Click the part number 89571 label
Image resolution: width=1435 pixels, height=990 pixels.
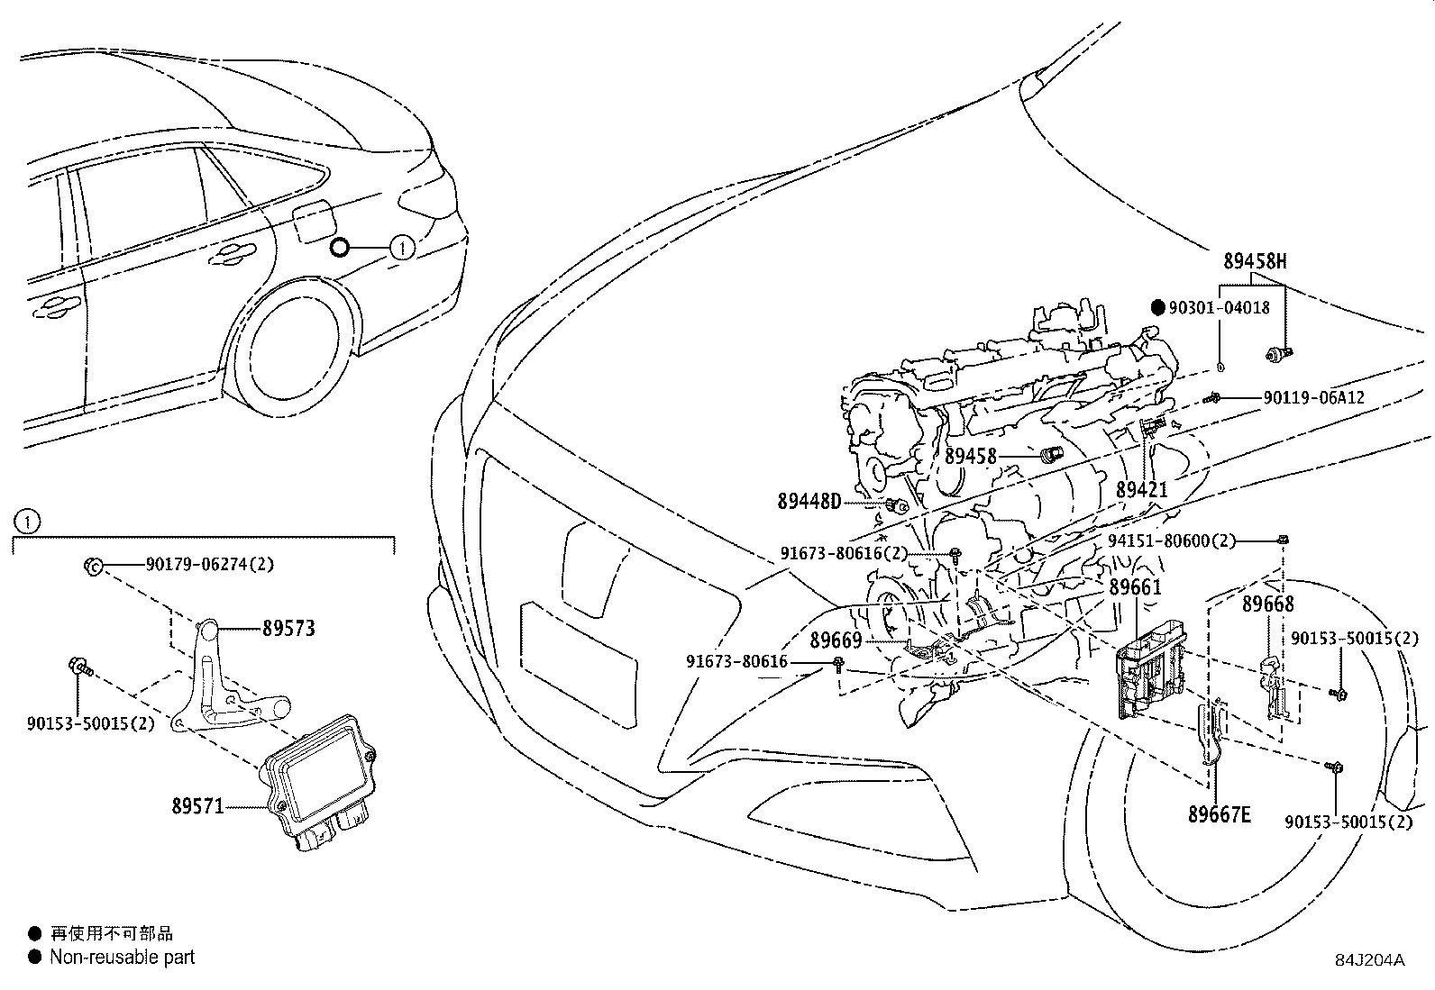pyautogui.click(x=197, y=805)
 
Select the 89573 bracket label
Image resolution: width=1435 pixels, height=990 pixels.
pyautogui.click(x=288, y=629)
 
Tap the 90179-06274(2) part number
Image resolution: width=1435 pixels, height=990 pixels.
pyautogui.click(x=209, y=565)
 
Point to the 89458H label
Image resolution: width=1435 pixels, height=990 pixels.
pyautogui.click(x=1254, y=262)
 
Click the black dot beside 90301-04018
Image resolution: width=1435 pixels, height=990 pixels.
pyautogui.click(x=1159, y=307)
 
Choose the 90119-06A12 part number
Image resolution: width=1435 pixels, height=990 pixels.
pyautogui.click(x=1313, y=397)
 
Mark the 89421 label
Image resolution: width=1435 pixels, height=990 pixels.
pyautogui.click(x=1141, y=490)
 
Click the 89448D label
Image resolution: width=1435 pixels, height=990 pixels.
pyautogui.click(x=809, y=501)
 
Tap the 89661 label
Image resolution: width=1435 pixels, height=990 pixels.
pyautogui.click(x=1135, y=586)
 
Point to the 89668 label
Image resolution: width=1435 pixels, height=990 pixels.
pyautogui.click(x=1267, y=604)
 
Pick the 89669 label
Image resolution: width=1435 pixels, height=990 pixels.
pyautogui.click(x=836, y=640)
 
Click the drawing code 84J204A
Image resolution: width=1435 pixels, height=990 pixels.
pyautogui.click(x=1370, y=960)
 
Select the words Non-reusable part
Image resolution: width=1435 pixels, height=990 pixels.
pyautogui.click(x=122, y=958)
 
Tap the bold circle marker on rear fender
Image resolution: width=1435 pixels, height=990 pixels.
pyautogui.click(x=339, y=246)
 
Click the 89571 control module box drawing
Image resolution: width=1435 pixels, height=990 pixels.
pyautogui.click(x=320, y=775)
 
